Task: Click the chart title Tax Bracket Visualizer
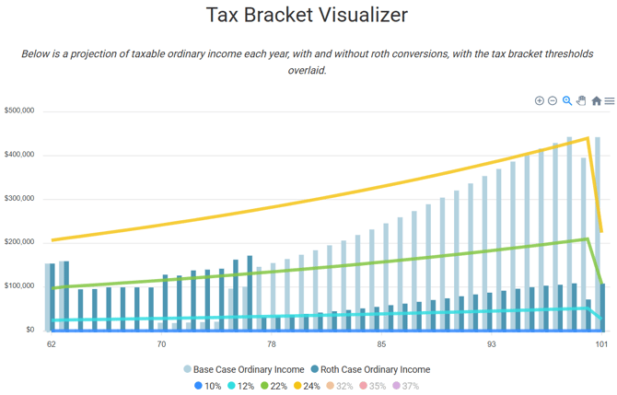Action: pos(307,16)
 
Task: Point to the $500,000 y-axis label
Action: pos(20,110)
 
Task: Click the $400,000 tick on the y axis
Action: pos(20,155)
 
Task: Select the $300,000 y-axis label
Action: pos(20,198)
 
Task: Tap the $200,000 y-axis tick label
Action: pos(20,242)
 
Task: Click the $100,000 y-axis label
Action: pos(20,286)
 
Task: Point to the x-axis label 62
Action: pos(51,344)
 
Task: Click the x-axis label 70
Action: pos(161,344)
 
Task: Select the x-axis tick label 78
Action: pos(271,344)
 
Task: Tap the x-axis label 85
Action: pos(380,344)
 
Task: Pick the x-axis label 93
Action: pos(491,344)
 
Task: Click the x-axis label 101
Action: pos(600,344)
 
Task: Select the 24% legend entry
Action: pos(308,386)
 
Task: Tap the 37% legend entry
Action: pos(405,386)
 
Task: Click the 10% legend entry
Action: pos(208,386)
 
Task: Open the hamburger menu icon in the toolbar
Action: pos(610,101)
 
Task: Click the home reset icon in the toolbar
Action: pos(596,101)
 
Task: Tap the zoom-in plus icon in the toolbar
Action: pos(540,101)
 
